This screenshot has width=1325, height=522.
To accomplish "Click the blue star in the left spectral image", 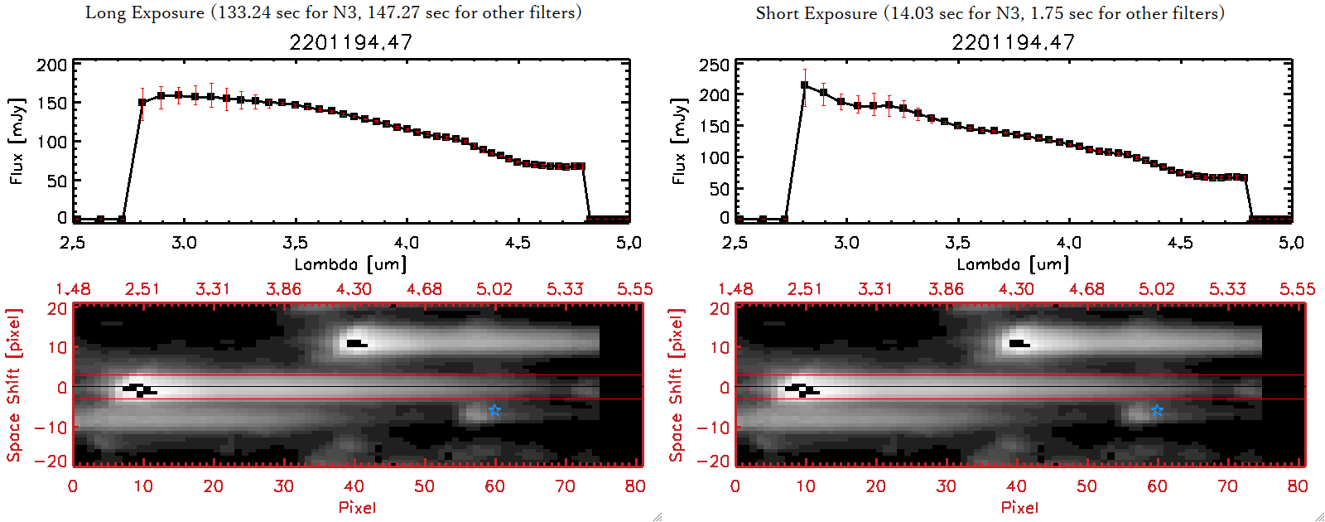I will [x=494, y=410].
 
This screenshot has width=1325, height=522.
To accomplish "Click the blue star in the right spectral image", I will [x=1157, y=410].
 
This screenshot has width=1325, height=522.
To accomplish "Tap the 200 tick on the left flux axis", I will [x=52, y=65].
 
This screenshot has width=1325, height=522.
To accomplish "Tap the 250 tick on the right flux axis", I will [x=715, y=65].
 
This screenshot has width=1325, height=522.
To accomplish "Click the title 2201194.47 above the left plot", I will [x=350, y=42].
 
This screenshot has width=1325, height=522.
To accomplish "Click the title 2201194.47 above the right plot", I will [x=1013, y=42].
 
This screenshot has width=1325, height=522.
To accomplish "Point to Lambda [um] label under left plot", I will [x=350, y=264].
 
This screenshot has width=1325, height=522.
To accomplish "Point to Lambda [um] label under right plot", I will [x=1013, y=264].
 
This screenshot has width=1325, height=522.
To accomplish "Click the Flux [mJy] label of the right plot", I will [x=679, y=141].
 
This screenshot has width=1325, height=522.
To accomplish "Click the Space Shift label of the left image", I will [x=14, y=385].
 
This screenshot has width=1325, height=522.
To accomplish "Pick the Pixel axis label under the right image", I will [x=1019, y=507].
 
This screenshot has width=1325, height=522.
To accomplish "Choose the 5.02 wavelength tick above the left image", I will [x=494, y=289].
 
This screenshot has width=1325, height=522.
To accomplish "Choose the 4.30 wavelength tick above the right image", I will [x=1016, y=289].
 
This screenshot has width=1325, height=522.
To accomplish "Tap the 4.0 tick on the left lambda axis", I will [x=407, y=243].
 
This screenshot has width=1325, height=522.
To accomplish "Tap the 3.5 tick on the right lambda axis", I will [x=957, y=243].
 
